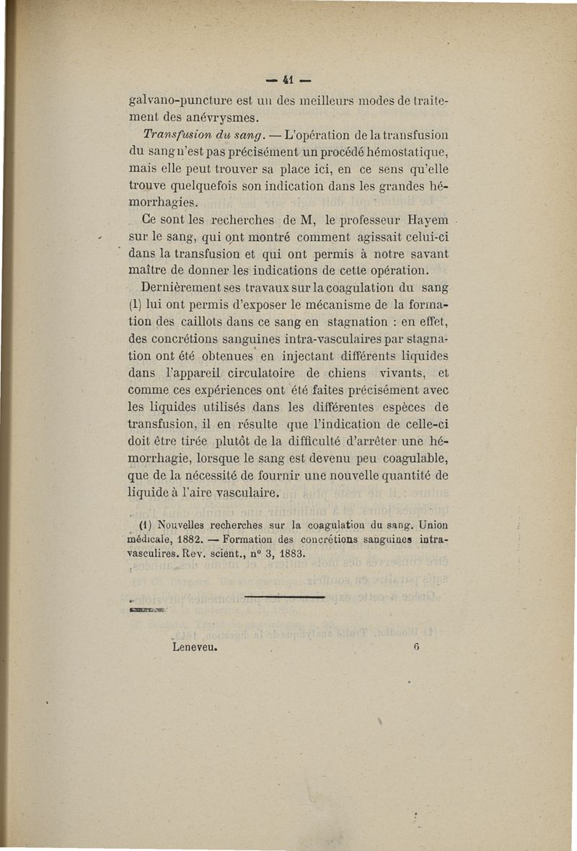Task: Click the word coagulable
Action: [410, 459]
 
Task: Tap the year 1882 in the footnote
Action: [177, 539]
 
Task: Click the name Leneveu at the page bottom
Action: [195, 648]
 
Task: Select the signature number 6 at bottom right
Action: [416, 648]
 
